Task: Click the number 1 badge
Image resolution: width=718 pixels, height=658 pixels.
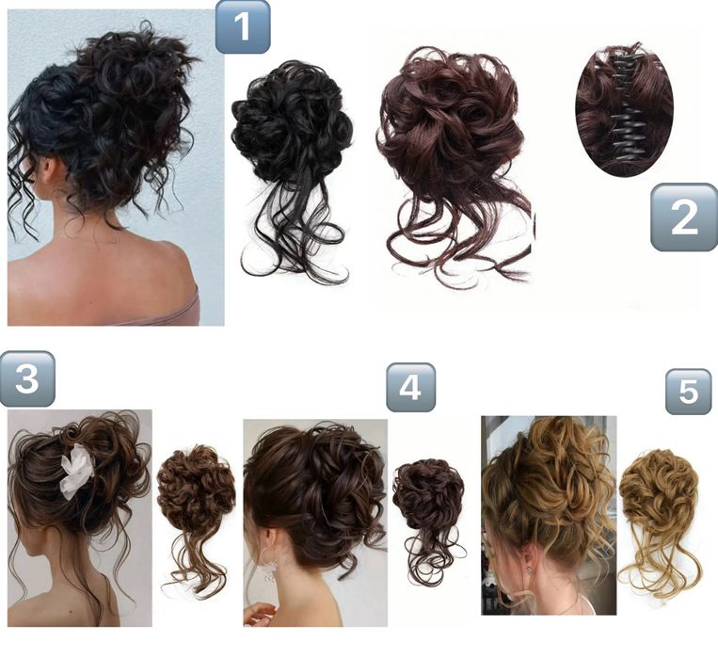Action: [243, 26]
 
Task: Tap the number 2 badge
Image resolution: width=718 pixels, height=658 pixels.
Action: [684, 217]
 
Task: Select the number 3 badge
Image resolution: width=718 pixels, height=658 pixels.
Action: [27, 379]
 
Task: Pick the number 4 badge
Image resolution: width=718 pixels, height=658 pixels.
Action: [410, 388]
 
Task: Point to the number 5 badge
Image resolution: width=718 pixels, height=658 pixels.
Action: [689, 391]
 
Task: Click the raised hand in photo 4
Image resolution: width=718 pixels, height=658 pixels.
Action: [261, 613]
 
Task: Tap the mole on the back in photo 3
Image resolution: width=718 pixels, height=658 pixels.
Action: [71, 612]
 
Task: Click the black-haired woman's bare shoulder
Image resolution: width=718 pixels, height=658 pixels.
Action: [152, 265]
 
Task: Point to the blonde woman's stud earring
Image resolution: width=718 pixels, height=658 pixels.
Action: [530, 570]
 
